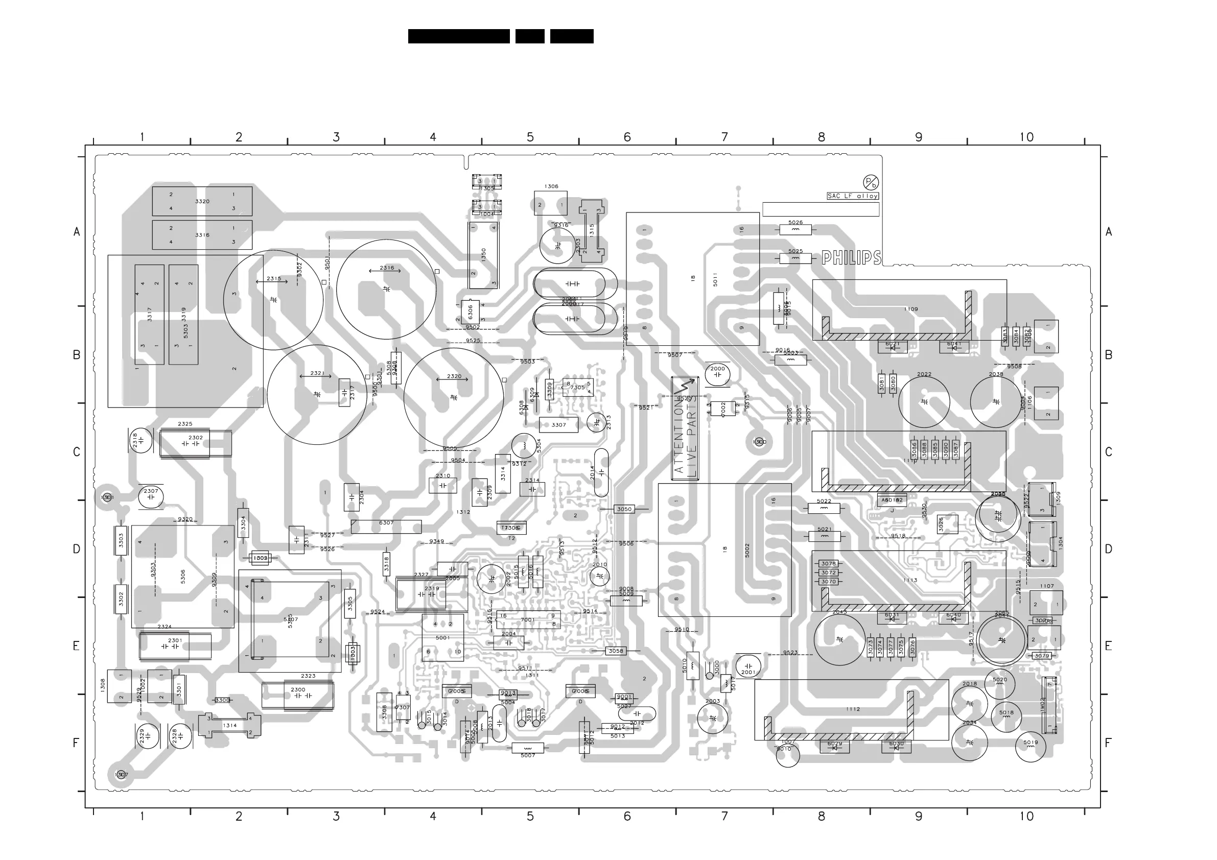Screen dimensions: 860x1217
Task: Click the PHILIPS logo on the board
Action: (x=851, y=258)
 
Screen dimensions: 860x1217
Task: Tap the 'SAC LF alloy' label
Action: (x=853, y=196)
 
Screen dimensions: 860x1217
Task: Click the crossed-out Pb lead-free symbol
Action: (x=871, y=182)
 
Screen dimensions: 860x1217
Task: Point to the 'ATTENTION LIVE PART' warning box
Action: (x=685, y=428)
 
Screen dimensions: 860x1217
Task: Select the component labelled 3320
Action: (x=202, y=201)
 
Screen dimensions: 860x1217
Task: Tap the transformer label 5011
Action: (x=715, y=279)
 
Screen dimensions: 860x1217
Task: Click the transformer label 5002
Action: (x=747, y=550)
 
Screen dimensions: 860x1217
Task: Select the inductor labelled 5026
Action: (x=795, y=229)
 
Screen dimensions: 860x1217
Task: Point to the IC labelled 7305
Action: (x=577, y=387)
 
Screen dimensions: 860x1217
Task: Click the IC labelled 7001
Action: (x=528, y=619)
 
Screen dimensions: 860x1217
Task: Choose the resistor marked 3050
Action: (x=624, y=509)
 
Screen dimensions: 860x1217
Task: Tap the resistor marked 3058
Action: (x=616, y=651)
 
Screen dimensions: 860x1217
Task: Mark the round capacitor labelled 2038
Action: (x=996, y=401)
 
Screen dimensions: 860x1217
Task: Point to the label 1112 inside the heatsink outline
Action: (x=853, y=709)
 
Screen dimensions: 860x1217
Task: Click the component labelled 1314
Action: (x=229, y=725)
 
